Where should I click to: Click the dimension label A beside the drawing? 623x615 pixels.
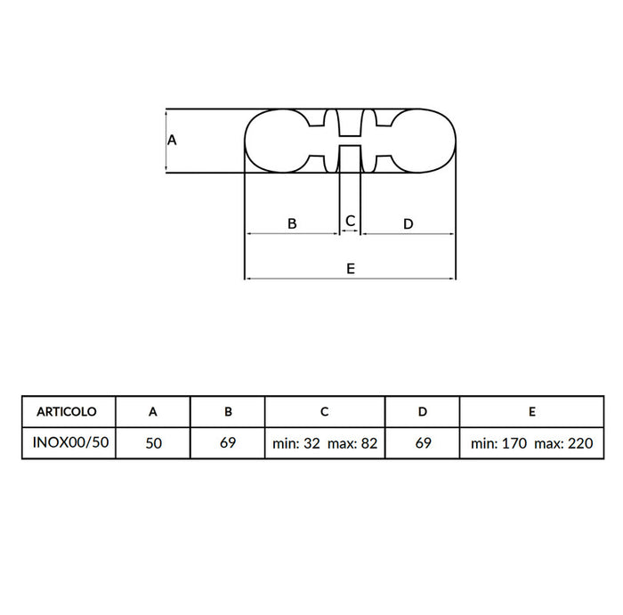click(x=173, y=140)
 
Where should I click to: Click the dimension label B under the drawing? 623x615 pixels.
click(x=292, y=223)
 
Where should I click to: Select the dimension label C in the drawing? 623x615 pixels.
click(x=351, y=220)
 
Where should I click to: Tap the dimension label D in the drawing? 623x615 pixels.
click(x=408, y=223)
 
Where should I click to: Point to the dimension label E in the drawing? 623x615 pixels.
click(x=351, y=268)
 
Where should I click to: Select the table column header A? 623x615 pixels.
click(x=153, y=412)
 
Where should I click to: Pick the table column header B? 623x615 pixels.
click(x=228, y=412)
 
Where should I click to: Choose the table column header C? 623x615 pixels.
click(x=325, y=412)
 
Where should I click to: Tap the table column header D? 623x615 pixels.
click(x=423, y=412)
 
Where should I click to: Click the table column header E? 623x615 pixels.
click(x=530, y=412)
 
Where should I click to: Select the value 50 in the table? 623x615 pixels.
click(x=153, y=442)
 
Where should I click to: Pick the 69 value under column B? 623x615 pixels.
click(x=228, y=442)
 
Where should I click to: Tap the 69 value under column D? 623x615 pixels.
click(x=423, y=442)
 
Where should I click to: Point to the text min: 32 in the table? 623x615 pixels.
click(x=296, y=442)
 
